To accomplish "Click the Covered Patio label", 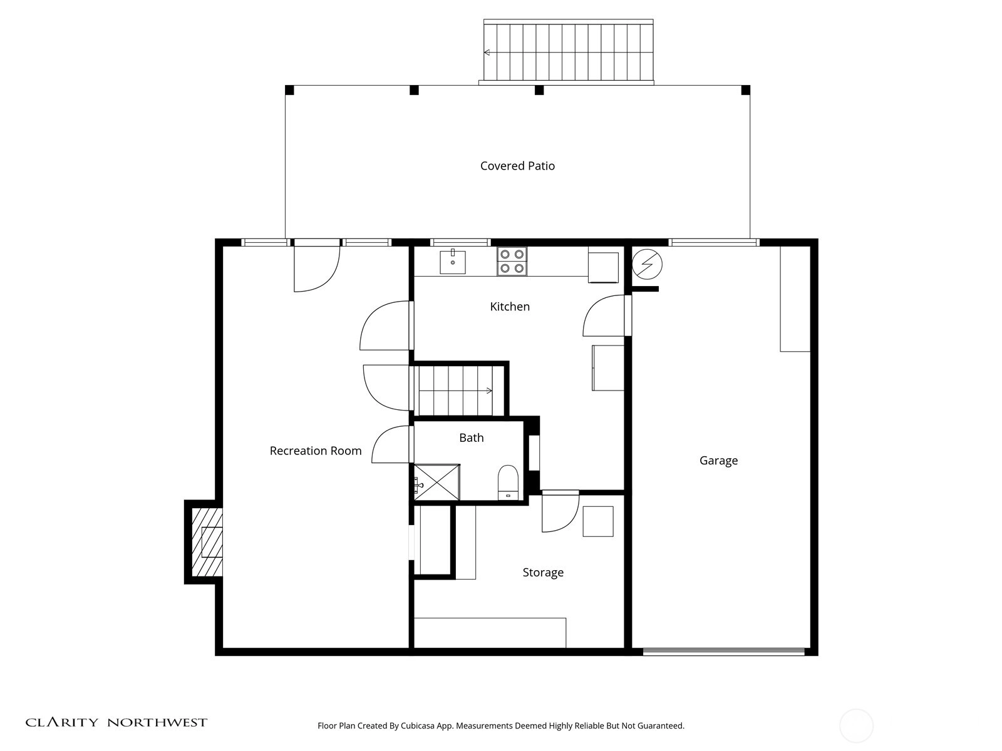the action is pyautogui.click(x=517, y=166).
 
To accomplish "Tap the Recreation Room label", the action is pyautogui.click(x=316, y=451).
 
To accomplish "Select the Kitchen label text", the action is pyautogui.click(x=510, y=307).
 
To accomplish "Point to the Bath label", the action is pyautogui.click(x=471, y=437).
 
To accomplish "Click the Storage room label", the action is pyautogui.click(x=543, y=573).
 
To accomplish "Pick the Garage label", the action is pyautogui.click(x=718, y=461).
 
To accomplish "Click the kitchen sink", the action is pyautogui.click(x=452, y=262).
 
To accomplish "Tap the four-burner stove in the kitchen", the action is pyautogui.click(x=512, y=261).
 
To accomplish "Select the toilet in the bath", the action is pyautogui.click(x=508, y=483).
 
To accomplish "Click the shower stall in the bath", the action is pyautogui.click(x=437, y=482).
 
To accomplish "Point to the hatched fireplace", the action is pyautogui.click(x=206, y=542).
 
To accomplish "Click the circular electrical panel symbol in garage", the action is pyautogui.click(x=647, y=264).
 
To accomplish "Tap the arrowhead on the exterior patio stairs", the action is pyautogui.click(x=487, y=53).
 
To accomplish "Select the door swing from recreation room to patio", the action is pyautogui.click(x=317, y=268).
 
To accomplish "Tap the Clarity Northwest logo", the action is pyautogui.click(x=116, y=722).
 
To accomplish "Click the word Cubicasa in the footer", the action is pyautogui.click(x=418, y=726).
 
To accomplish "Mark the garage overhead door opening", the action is pyautogui.click(x=723, y=652).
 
